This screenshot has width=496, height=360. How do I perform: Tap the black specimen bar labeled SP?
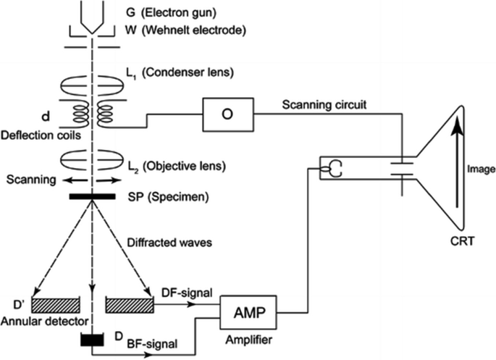click(92, 197)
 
